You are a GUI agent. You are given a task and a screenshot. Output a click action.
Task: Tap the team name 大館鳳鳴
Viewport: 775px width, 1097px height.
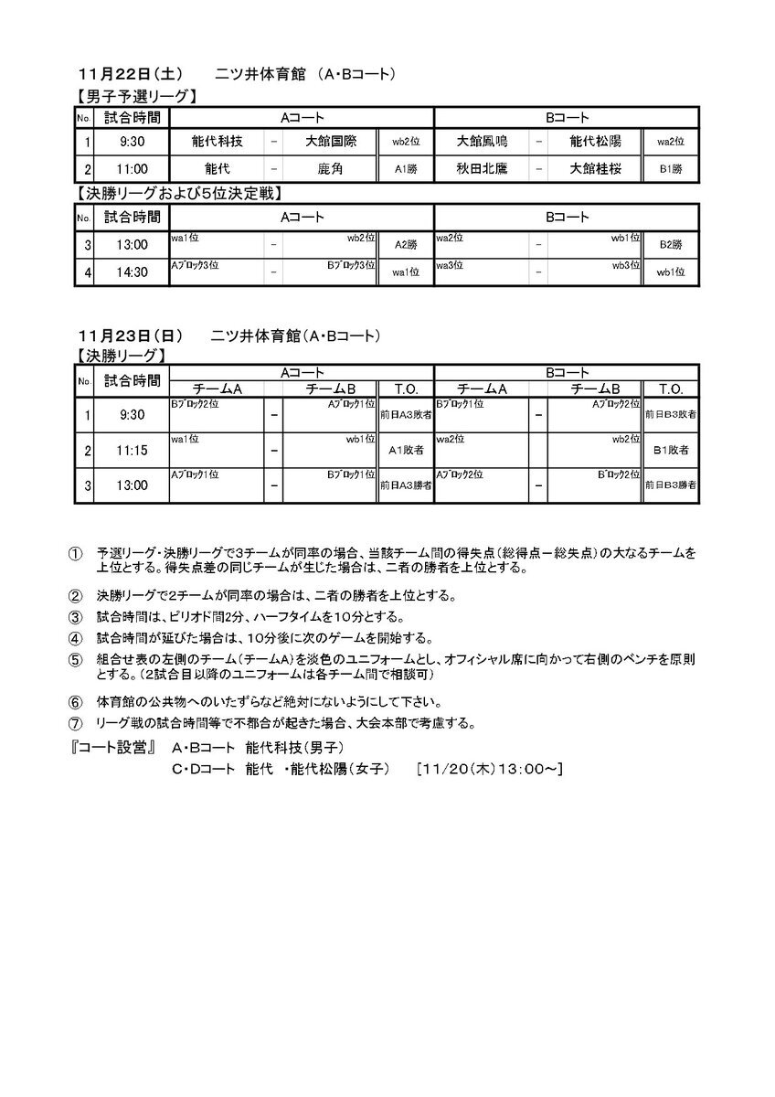(483, 142)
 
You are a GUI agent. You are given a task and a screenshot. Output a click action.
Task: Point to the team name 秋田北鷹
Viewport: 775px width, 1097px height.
(483, 168)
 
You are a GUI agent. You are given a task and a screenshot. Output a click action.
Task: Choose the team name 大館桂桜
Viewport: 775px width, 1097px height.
(595, 168)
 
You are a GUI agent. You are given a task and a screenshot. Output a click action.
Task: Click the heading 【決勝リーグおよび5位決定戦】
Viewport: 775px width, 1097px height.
(176, 193)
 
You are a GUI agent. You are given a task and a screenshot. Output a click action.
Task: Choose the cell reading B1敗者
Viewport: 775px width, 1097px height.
(671, 451)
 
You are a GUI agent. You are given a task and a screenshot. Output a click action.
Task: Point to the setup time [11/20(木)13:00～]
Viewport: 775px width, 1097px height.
(489, 769)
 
